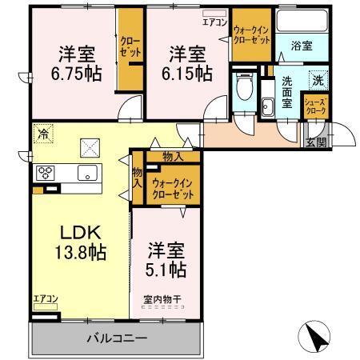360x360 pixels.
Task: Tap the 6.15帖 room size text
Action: (x=190, y=74)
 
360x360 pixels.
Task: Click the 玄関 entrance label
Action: (x=316, y=143)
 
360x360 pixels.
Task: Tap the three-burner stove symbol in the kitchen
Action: (x=46, y=173)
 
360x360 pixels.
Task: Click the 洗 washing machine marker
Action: (x=317, y=80)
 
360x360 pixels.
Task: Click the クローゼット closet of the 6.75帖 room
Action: (x=129, y=48)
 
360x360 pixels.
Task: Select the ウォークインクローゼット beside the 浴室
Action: (x=251, y=36)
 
